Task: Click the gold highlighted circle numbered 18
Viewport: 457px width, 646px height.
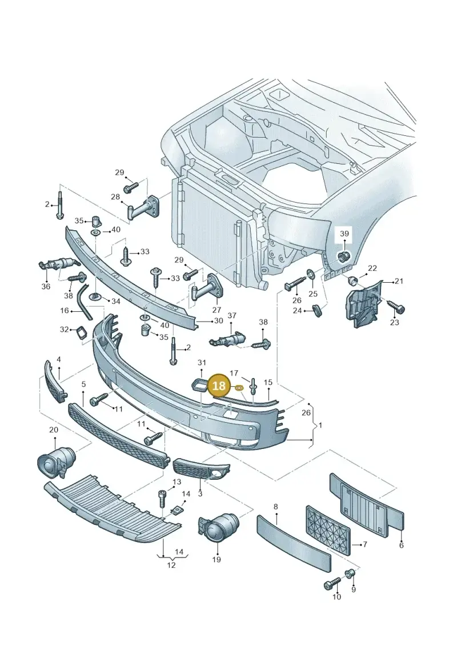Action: pos(219,385)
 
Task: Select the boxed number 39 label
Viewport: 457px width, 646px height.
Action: pos(344,234)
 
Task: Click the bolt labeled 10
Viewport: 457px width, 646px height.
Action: pos(333,583)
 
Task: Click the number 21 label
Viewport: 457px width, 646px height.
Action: pos(399,282)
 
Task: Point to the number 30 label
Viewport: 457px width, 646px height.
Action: pos(218,320)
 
